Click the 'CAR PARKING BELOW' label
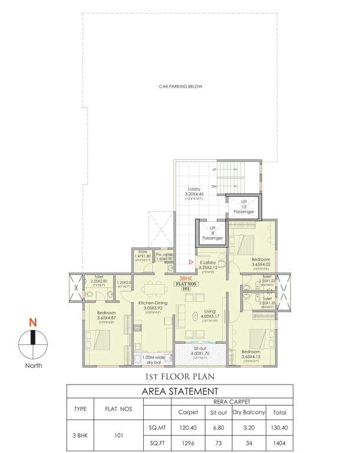point(180,87)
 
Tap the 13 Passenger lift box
point(243,207)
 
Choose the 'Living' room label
point(210,311)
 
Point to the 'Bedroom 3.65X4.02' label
point(260,262)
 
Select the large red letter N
point(34,323)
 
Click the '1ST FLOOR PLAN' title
point(180,376)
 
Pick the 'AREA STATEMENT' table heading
point(180,391)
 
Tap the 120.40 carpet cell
point(184,424)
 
